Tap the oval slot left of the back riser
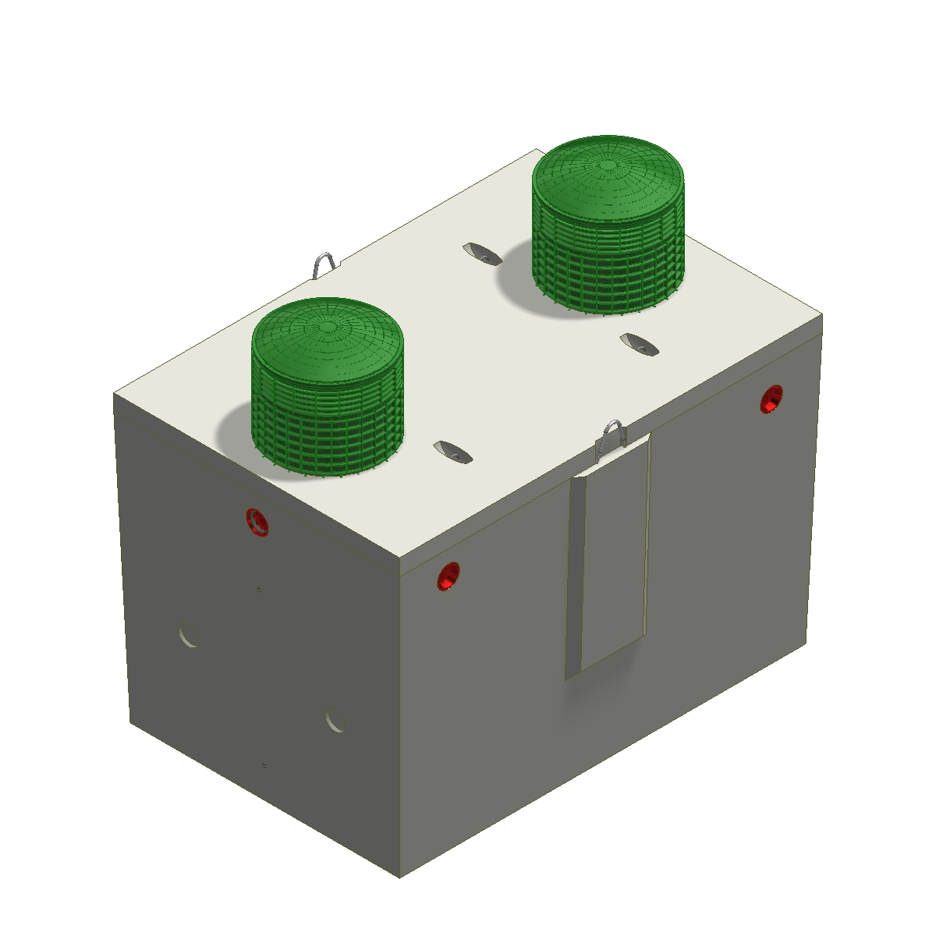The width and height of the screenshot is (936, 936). coord(481,253)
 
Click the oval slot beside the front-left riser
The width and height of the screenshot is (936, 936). coord(452,451)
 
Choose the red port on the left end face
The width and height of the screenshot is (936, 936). coord(257,521)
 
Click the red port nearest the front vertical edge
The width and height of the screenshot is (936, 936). coord(448,576)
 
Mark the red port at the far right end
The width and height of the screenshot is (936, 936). coord(771,399)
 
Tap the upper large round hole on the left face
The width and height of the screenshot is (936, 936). coord(188,635)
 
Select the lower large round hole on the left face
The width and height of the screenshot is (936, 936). coord(335,719)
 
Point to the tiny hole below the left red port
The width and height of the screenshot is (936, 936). coord(259,590)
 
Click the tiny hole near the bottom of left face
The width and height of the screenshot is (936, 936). coord(264,765)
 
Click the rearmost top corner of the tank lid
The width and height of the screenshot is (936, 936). coord(537,150)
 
